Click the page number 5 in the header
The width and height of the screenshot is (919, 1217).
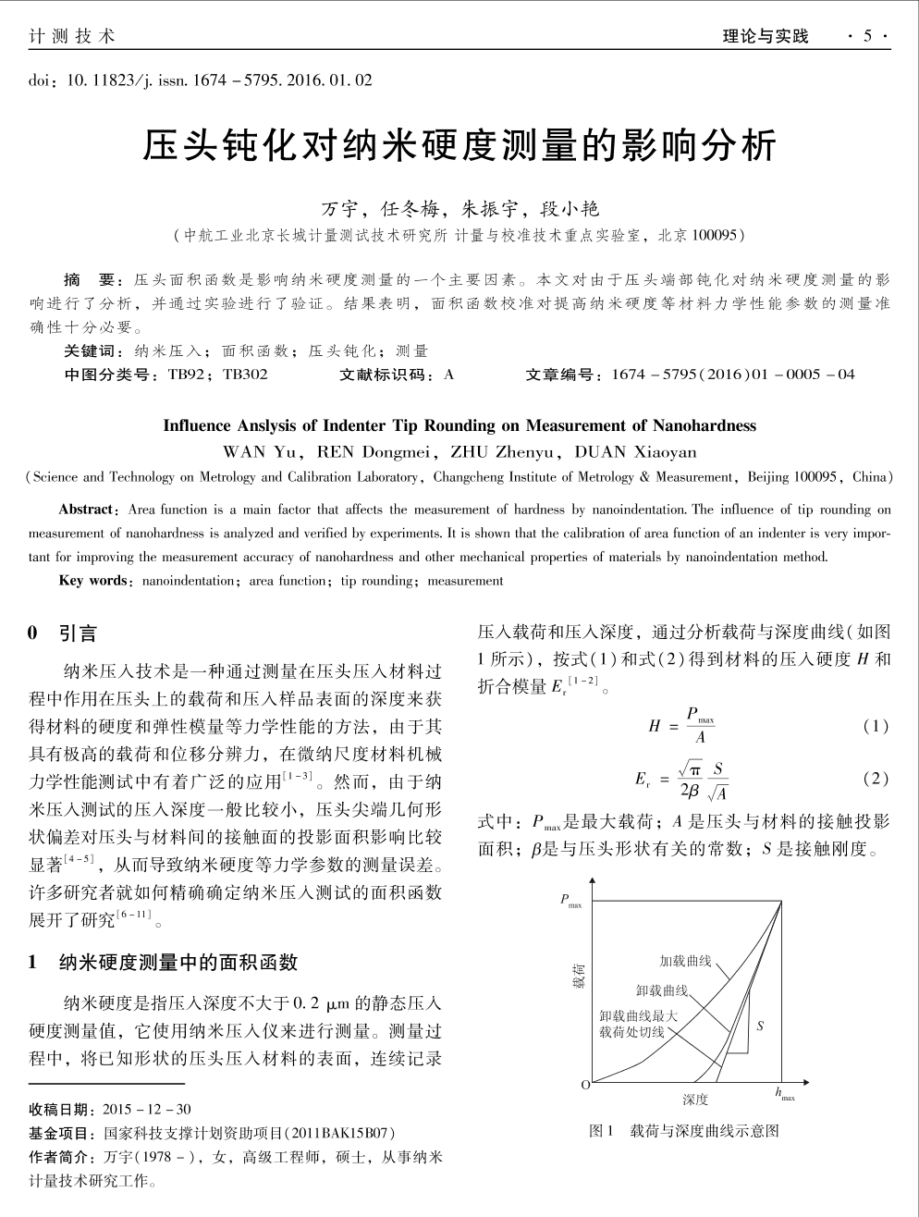point(867,36)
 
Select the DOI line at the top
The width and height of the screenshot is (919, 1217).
point(201,80)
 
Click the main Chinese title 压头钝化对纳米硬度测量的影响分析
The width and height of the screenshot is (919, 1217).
point(459,147)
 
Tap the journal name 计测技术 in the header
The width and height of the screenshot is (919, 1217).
point(72,36)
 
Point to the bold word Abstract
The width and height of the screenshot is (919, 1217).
point(87,510)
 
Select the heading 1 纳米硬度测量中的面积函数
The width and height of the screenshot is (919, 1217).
point(164,963)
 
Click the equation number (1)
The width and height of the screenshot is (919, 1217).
point(875,726)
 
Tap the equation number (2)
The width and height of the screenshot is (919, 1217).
point(875,779)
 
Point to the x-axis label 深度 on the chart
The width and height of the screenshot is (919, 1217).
point(695,1099)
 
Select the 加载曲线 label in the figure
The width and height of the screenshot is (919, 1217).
point(685,962)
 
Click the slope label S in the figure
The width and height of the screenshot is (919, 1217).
point(760,1026)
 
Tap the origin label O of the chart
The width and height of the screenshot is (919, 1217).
point(584,1084)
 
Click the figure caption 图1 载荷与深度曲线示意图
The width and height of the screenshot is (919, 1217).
point(684,1130)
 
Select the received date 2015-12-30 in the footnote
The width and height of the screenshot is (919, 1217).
point(147,1110)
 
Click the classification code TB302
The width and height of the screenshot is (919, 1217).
point(245,375)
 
